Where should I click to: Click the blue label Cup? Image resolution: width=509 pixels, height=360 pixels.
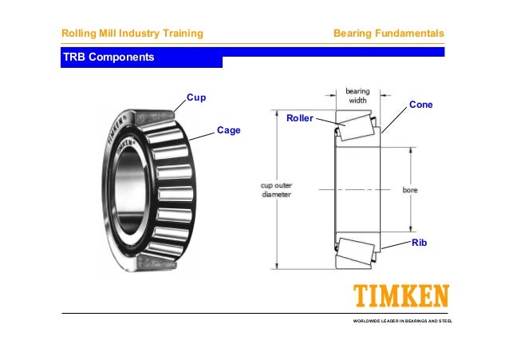[x=196, y=98]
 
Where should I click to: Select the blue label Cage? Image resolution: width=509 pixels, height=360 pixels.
[x=228, y=130]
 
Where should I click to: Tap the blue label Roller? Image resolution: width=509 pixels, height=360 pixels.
[x=300, y=119]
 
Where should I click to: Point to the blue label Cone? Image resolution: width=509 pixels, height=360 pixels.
[x=420, y=105]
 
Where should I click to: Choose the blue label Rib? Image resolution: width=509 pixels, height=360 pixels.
[x=420, y=241]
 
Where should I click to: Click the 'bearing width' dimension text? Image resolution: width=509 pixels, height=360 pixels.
[x=357, y=96]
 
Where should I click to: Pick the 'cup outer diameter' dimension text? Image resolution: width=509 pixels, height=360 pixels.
[x=277, y=189]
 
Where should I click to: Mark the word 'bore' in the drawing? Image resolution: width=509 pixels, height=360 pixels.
[x=410, y=190]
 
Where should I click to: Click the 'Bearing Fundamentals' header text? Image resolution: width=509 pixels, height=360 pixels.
[x=389, y=33]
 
